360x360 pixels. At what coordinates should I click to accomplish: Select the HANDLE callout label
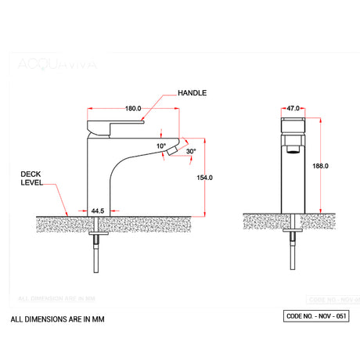[192, 92]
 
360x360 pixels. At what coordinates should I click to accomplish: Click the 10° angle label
[161, 146]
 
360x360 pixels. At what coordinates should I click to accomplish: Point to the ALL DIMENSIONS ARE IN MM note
[57, 319]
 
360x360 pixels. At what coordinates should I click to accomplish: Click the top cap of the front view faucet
[292, 124]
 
